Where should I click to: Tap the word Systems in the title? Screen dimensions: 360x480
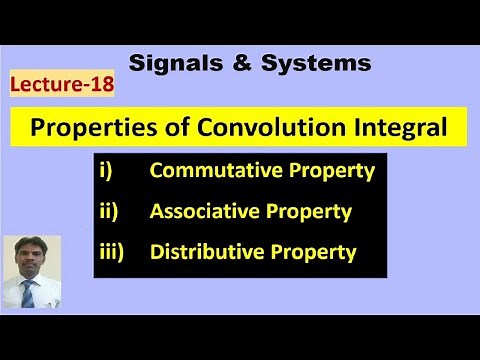point(320,63)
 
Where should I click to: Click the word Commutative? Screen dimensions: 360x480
point(220,171)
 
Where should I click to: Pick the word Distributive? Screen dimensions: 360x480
point(210,252)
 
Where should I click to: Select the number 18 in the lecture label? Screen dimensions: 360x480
point(100,86)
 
